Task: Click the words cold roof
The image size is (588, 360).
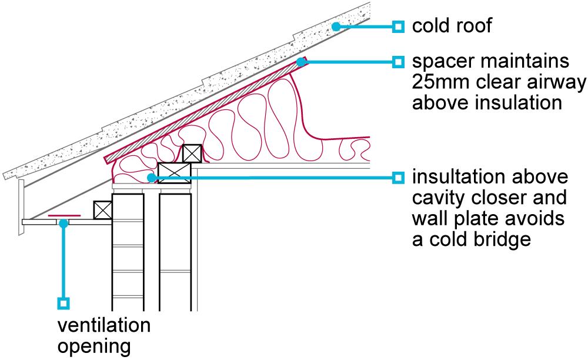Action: (452, 26)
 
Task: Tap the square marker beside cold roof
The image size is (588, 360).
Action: (399, 26)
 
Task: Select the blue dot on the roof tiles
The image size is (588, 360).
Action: (336, 26)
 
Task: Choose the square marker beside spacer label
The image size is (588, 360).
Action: (399, 61)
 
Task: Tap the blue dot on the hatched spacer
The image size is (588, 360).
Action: (300, 61)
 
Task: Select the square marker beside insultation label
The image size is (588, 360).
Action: (399, 177)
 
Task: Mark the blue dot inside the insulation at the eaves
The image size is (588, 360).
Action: (152, 176)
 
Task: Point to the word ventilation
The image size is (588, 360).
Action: (103, 325)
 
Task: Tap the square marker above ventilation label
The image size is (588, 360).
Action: (64, 304)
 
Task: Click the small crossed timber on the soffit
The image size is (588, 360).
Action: (103, 210)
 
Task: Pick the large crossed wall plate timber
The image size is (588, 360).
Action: (175, 174)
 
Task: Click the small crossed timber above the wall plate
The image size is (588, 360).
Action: (192, 154)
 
